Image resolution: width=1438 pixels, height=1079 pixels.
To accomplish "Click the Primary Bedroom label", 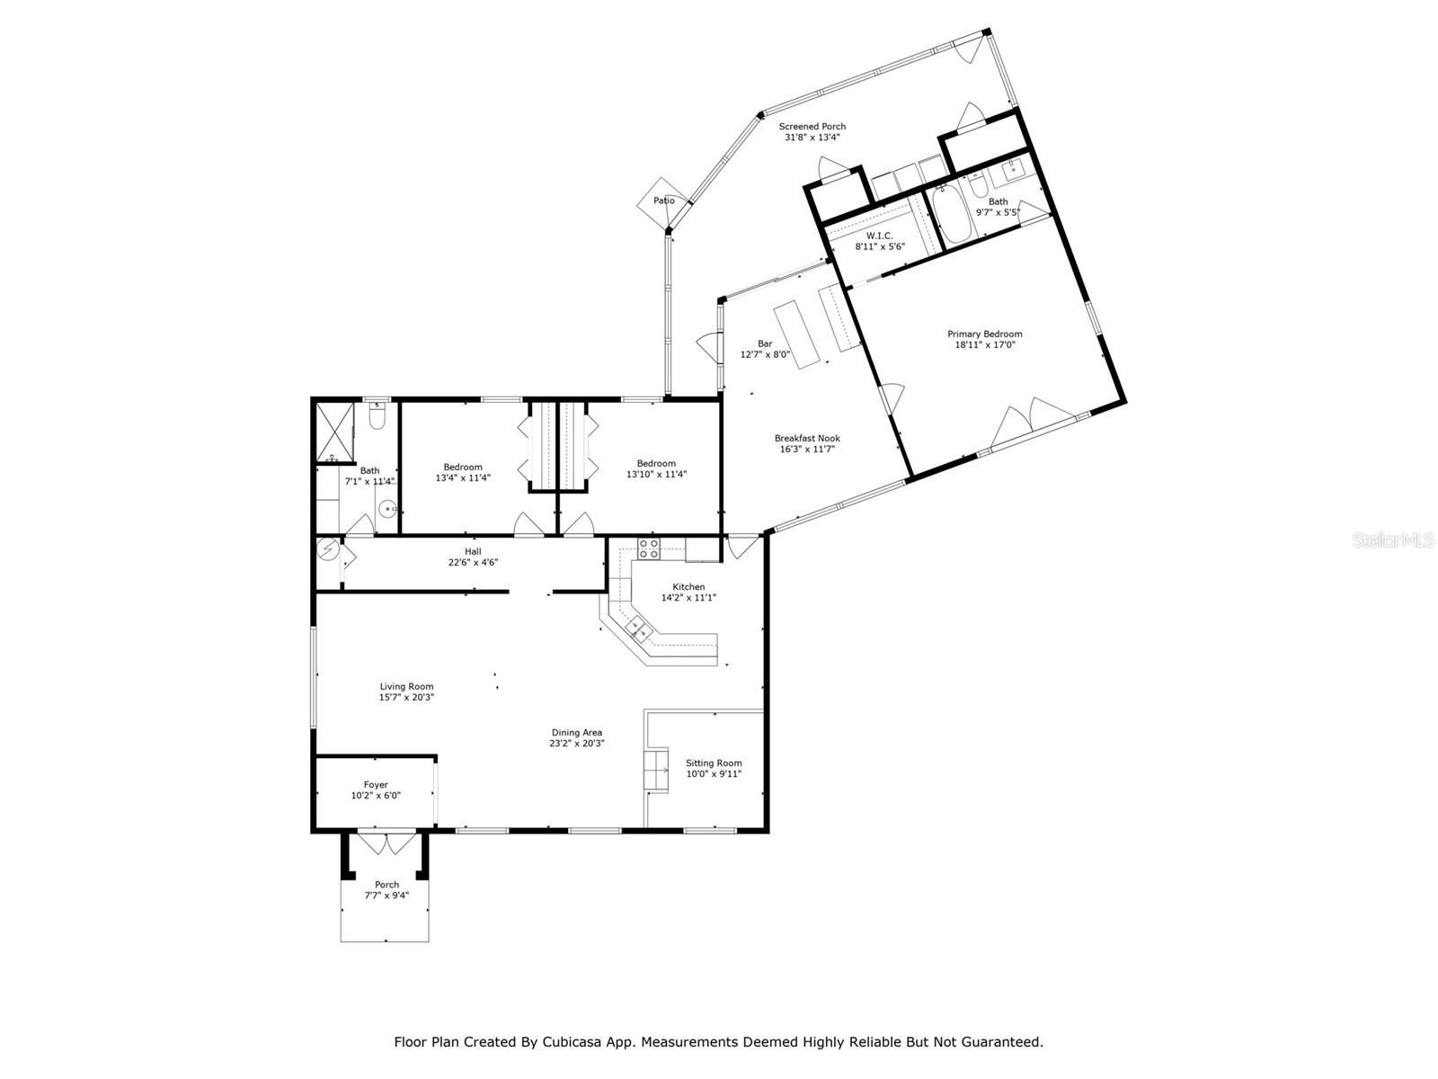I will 984,334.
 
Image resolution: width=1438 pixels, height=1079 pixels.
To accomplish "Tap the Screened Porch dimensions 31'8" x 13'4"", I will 812,138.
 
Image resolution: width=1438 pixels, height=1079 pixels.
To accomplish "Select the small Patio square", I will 663,201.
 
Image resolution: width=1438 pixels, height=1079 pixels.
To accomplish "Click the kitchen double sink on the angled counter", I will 641,629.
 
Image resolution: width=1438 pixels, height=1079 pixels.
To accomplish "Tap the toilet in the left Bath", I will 377,417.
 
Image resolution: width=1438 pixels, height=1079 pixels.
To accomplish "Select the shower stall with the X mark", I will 333,432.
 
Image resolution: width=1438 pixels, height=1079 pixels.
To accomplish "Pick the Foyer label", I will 376,785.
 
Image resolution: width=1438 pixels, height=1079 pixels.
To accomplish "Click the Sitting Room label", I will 714,762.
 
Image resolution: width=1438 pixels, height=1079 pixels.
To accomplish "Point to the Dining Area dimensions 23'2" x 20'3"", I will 576,744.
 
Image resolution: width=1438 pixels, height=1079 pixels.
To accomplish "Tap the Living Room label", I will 406,686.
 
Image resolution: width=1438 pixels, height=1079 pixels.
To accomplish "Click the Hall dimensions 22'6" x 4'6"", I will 473,563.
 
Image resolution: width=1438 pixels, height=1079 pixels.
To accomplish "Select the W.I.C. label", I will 880,236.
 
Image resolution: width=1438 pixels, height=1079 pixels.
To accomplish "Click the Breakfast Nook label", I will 807,438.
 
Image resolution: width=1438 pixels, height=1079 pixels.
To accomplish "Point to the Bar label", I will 765,343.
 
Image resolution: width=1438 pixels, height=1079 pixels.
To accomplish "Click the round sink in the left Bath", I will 389,509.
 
